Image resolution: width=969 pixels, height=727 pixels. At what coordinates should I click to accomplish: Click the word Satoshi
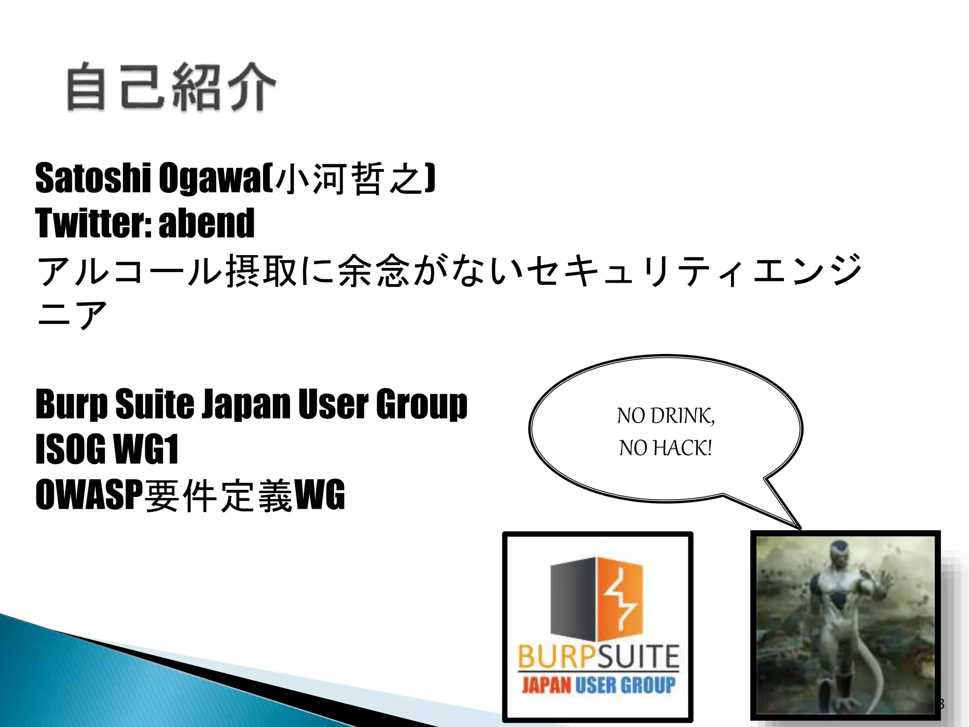(x=93, y=178)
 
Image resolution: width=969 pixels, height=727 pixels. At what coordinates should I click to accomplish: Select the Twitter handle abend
(x=207, y=223)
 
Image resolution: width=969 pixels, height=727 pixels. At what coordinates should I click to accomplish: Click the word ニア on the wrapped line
(x=72, y=314)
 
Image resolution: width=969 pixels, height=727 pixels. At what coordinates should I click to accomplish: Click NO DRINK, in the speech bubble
(x=666, y=416)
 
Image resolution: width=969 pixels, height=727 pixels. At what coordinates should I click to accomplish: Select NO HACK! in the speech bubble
(x=666, y=448)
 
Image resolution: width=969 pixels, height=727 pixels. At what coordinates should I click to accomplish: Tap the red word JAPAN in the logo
(x=546, y=685)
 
